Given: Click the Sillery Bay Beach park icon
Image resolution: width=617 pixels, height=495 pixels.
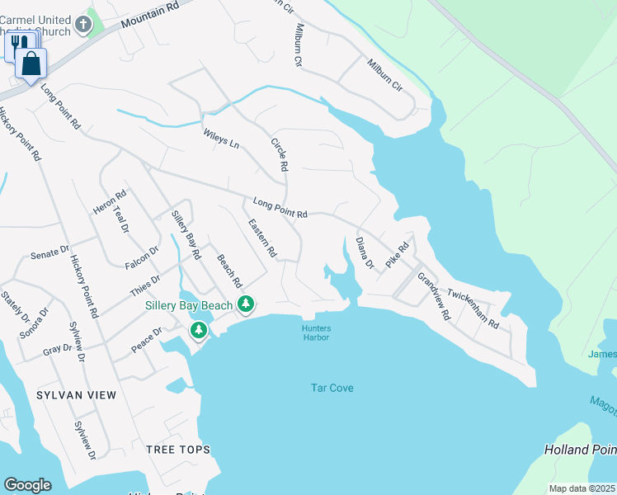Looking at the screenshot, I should (x=246, y=305).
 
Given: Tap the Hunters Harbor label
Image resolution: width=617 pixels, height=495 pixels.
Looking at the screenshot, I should (x=316, y=332).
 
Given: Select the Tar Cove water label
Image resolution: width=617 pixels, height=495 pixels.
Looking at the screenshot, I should (x=332, y=387).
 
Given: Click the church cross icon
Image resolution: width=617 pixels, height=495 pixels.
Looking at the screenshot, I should (x=82, y=25).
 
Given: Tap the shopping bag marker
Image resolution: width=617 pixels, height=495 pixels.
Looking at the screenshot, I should (x=31, y=63).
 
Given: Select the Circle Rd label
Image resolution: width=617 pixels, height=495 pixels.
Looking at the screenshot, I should (x=280, y=154).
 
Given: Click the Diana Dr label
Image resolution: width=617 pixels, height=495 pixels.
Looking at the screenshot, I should (x=365, y=253).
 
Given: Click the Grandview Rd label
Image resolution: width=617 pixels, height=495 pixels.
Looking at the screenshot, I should (x=433, y=296).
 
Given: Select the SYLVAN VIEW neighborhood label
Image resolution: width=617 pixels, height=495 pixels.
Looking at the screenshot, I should (x=77, y=395).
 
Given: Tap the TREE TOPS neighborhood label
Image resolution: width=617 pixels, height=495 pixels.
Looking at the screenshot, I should (x=177, y=450).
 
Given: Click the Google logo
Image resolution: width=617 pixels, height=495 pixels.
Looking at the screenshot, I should (x=27, y=485).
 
